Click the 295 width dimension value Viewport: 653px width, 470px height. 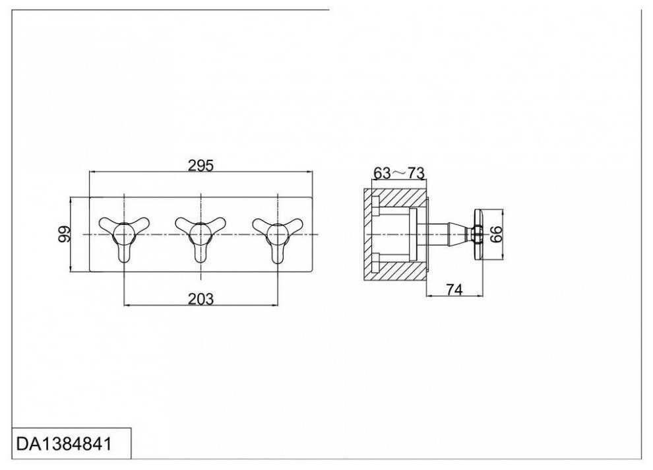click(x=201, y=165)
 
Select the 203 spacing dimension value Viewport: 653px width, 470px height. click(x=201, y=298)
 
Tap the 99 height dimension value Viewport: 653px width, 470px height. click(x=65, y=234)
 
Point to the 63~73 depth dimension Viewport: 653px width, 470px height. click(x=398, y=174)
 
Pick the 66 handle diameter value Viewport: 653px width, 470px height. click(x=497, y=234)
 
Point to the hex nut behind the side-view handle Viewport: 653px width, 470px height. click(x=471, y=234)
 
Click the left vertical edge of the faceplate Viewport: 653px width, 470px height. click(x=90, y=234)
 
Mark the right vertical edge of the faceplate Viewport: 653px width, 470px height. click(x=311, y=234)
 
